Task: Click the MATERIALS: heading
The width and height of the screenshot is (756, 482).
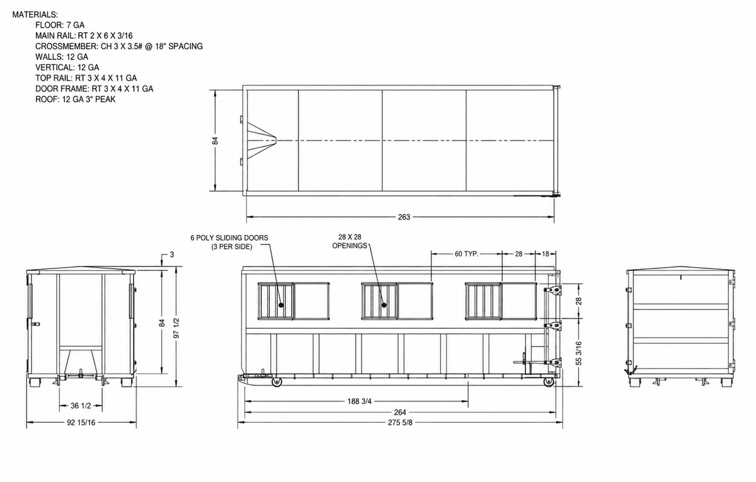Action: pyautogui.click(x=35, y=14)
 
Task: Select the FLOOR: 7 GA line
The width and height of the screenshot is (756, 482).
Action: pyautogui.click(x=60, y=25)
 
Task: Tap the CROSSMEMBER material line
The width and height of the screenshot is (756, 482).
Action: pyautogui.click(x=119, y=46)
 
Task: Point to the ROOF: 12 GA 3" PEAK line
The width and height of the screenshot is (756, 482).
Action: pyautogui.click(x=75, y=100)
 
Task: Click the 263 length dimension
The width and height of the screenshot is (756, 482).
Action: pyautogui.click(x=404, y=217)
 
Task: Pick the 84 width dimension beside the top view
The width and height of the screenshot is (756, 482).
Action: pyautogui.click(x=215, y=141)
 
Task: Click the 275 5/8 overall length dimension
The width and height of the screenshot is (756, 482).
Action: pyautogui.click(x=400, y=423)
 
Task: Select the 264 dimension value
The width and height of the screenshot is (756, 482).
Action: pyautogui.click(x=400, y=412)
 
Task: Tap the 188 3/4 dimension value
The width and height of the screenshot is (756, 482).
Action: pyautogui.click(x=360, y=401)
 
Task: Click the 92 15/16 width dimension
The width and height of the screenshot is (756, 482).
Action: pyautogui.click(x=81, y=423)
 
